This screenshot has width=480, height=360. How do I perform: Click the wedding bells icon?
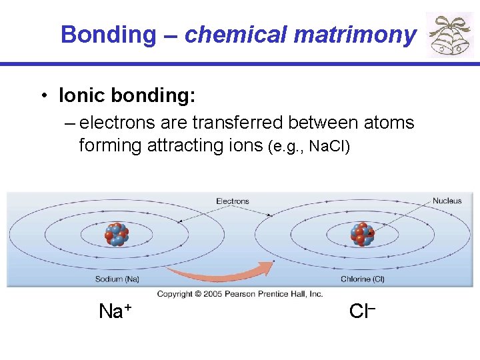[450, 35]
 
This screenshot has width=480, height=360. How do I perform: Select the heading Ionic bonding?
[127, 96]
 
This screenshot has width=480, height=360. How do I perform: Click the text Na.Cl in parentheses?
[325, 146]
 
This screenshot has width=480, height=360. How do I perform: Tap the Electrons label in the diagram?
[233, 201]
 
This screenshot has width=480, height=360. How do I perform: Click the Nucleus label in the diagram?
[447, 201]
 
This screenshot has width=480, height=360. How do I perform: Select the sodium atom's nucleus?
[117, 235]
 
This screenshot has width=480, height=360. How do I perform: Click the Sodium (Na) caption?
[117, 279]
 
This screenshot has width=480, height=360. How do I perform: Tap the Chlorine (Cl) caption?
[363, 279]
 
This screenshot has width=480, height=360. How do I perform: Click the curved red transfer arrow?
[220, 272]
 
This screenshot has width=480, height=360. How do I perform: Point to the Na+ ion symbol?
[115, 311]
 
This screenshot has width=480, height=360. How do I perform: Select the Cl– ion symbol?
[363, 311]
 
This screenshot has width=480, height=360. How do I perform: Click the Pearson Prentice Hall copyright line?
[240, 293]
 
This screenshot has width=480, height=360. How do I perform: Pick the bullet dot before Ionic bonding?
[43, 97]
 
